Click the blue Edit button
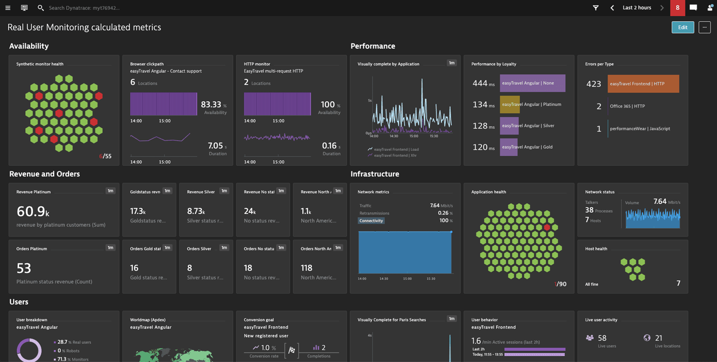(x=683, y=28)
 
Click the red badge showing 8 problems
(x=677, y=8)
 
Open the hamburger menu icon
(x=8, y=8)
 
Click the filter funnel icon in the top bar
(x=595, y=8)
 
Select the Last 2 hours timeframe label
(x=636, y=8)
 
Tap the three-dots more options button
(x=704, y=28)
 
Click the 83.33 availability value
(x=211, y=105)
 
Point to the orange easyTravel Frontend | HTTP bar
(x=643, y=84)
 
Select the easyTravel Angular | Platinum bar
(x=510, y=105)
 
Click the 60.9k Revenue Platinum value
(x=32, y=212)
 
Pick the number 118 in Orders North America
(x=306, y=268)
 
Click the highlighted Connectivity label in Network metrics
(x=371, y=221)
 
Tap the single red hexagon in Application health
(x=547, y=227)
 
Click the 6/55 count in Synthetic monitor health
(x=105, y=156)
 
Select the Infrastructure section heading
(x=374, y=174)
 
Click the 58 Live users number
(x=602, y=338)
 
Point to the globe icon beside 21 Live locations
(x=647, y=338)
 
